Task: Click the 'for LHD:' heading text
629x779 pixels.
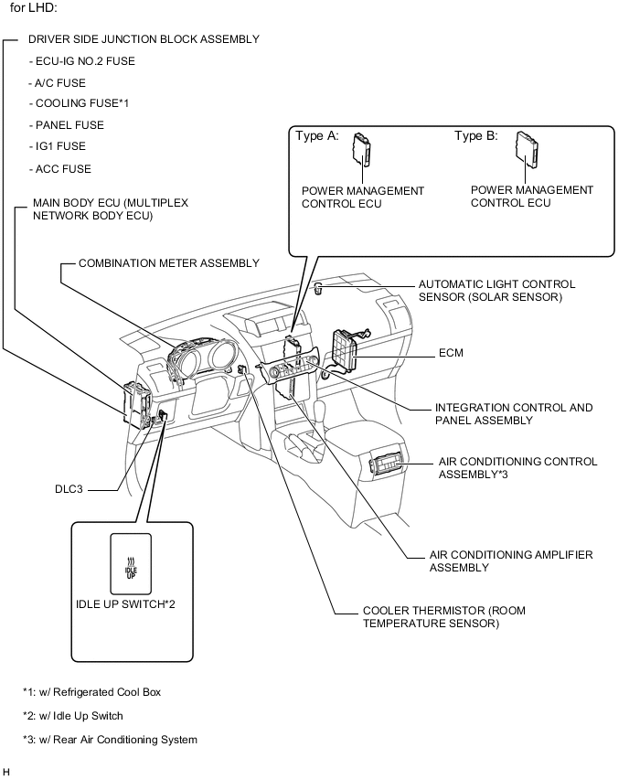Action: coord(35,8)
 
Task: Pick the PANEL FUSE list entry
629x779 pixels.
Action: coord(67,125)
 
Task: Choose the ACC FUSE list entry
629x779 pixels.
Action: coord(61,169)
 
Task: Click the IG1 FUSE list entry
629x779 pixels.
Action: coord(60,146)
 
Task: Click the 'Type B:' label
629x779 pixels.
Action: coord(476,136)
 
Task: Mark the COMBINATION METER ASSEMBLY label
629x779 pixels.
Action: coord(168,263)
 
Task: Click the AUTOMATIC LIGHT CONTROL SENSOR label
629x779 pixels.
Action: coord(496,291)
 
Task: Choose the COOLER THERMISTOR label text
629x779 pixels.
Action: coord(431,617)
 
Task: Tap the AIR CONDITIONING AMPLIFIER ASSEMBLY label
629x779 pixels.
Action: coord(511,561)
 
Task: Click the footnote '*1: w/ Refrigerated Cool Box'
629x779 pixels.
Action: coord(92,692)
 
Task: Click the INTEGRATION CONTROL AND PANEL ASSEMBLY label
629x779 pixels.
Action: coord(513,414)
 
